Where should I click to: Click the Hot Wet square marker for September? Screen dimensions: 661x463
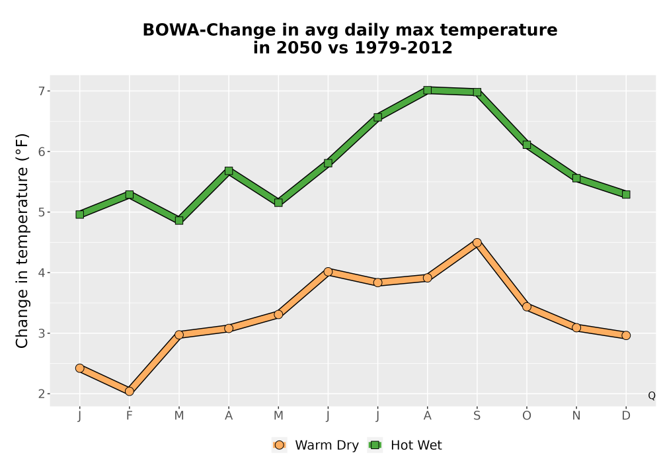(477, 92)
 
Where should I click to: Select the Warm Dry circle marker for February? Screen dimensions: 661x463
(130, 392)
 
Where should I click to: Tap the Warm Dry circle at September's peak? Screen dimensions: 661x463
(477, 243)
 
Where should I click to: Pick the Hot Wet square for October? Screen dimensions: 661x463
(527, 145)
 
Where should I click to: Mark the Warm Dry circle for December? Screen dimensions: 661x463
(626, 335)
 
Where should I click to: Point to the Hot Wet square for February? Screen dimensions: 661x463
(130, 194)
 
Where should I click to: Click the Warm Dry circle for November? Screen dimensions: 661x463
(576, 327)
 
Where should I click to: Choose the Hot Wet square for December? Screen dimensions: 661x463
(626, 194)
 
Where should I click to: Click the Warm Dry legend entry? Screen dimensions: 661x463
(315, 445)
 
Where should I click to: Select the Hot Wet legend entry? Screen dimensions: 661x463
(405, 445)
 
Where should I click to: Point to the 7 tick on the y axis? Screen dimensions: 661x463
(42, 91)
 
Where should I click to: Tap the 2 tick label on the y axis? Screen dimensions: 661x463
(42, 394)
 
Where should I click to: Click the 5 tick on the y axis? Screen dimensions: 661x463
(42, 212)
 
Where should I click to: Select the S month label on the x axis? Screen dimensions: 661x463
(477, 416)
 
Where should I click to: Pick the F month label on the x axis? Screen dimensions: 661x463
(130, 416)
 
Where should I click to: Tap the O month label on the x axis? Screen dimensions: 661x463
(527, 416)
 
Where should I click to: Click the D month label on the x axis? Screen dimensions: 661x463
(626, 416)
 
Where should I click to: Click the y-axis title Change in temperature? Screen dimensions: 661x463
(22, 241)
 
